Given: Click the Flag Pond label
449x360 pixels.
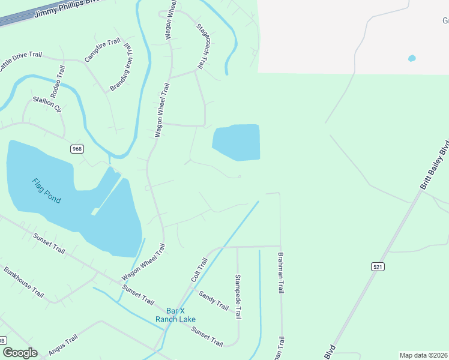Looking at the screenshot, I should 46,190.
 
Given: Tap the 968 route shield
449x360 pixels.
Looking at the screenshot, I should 76,149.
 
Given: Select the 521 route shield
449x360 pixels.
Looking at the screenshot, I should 377,266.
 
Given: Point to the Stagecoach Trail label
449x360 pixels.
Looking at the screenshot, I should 206,45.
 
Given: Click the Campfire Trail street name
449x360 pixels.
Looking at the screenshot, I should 103,51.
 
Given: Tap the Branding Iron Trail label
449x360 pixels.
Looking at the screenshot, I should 122,67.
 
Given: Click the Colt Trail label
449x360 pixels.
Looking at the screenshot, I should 199,269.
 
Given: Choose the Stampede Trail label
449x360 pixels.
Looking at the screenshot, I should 238,297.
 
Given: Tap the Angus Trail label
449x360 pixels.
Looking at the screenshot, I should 63,344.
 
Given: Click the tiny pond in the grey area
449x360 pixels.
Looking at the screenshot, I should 411,58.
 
